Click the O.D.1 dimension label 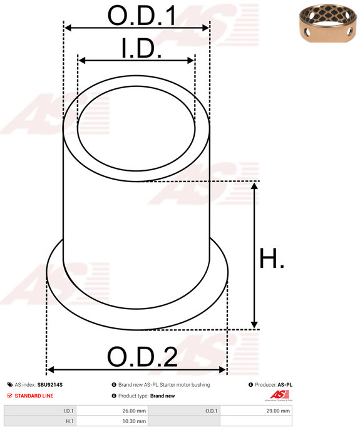141,16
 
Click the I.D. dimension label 141,48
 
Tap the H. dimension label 272,258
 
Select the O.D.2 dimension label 142,357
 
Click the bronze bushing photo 329,23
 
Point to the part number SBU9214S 50,385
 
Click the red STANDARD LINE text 34,396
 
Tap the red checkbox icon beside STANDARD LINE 9,396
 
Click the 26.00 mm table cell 112,411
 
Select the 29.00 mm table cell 256,411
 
